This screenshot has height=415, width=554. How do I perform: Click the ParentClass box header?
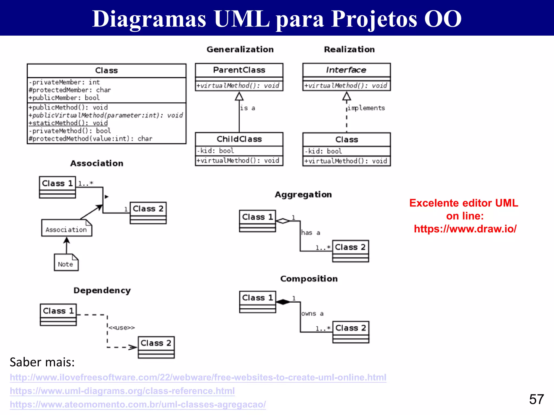(x=239, y=70)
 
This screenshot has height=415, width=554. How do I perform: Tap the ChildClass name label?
(x=239, y=139)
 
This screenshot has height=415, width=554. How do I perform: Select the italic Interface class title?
(x=346, y=70)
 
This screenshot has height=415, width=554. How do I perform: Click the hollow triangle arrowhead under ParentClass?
(x=239, y=96)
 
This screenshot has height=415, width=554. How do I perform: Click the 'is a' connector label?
(x=248, y=108)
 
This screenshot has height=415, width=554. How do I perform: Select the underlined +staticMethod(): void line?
(x=68, y=123)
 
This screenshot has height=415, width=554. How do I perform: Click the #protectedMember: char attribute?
(x=70, y=90)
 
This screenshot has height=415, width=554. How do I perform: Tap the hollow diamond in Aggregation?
(x=283, y=221)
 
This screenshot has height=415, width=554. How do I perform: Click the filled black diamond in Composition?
(x=283, y=302)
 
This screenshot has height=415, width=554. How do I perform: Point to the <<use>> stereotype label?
(x=121, y=328)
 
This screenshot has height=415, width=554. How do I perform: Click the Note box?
(x=66, y=263)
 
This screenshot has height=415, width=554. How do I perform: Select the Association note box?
(x=67, y=228)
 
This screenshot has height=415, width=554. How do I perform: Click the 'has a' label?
(x=311, y=233)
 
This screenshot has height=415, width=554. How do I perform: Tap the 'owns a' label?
(x=312, y=314)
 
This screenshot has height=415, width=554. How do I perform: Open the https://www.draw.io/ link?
(x=465, y=229)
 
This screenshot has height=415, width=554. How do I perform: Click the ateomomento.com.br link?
(x=138, y=404)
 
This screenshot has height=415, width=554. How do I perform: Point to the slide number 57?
(x=536, y=399)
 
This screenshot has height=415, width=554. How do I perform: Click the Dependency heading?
(x=102, y=290)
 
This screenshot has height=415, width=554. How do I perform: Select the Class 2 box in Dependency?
(x=156, y=347)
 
